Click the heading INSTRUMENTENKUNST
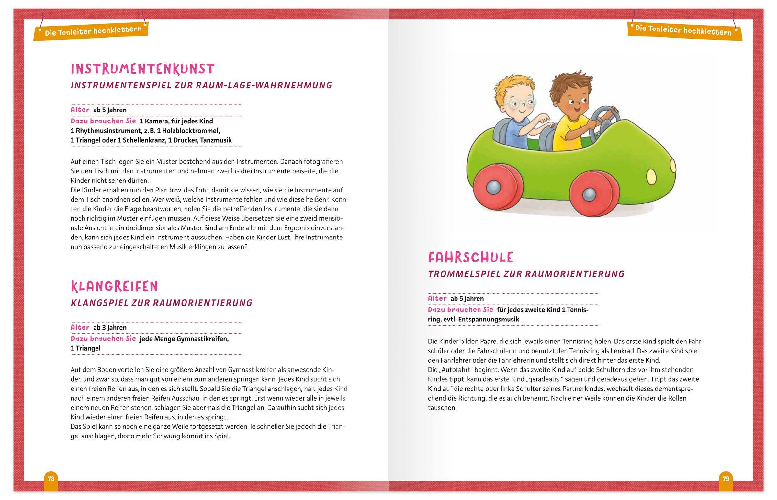click(x=142, y=69)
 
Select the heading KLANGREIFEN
click(x=114, y=286)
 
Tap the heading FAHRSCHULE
click(x=470, y=258)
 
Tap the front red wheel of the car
click(x=589, y=194)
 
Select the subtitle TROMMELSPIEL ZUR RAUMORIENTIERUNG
click(x=526, y=274)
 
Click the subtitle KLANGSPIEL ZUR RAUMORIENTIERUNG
click(x=162, y=303)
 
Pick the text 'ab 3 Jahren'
click(x=110, y=328)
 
